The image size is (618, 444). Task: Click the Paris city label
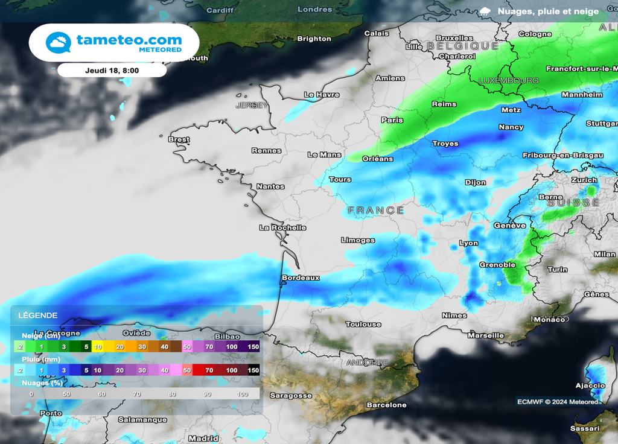[392, 120]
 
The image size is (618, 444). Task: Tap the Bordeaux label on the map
[301, 278]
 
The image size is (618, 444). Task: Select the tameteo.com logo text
[129, 40]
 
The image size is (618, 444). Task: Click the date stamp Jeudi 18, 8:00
[112, 70]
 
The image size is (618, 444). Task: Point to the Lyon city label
[468, 244]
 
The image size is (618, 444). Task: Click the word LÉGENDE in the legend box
[38, 316]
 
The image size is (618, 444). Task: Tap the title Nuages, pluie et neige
[548, 11]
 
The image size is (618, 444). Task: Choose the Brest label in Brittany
[179, 139]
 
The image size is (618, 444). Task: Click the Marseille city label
[486, 335]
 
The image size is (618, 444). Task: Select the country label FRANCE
[376, 211]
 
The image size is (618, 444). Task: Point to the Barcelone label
[387, 405]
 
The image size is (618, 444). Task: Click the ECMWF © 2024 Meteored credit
[557, 402]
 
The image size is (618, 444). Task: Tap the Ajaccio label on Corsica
[590, 385]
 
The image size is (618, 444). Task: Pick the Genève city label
[510, 226]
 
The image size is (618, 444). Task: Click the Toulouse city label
[363, 325]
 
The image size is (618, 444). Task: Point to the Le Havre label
[322, 95]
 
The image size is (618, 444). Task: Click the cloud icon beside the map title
[485, 11]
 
